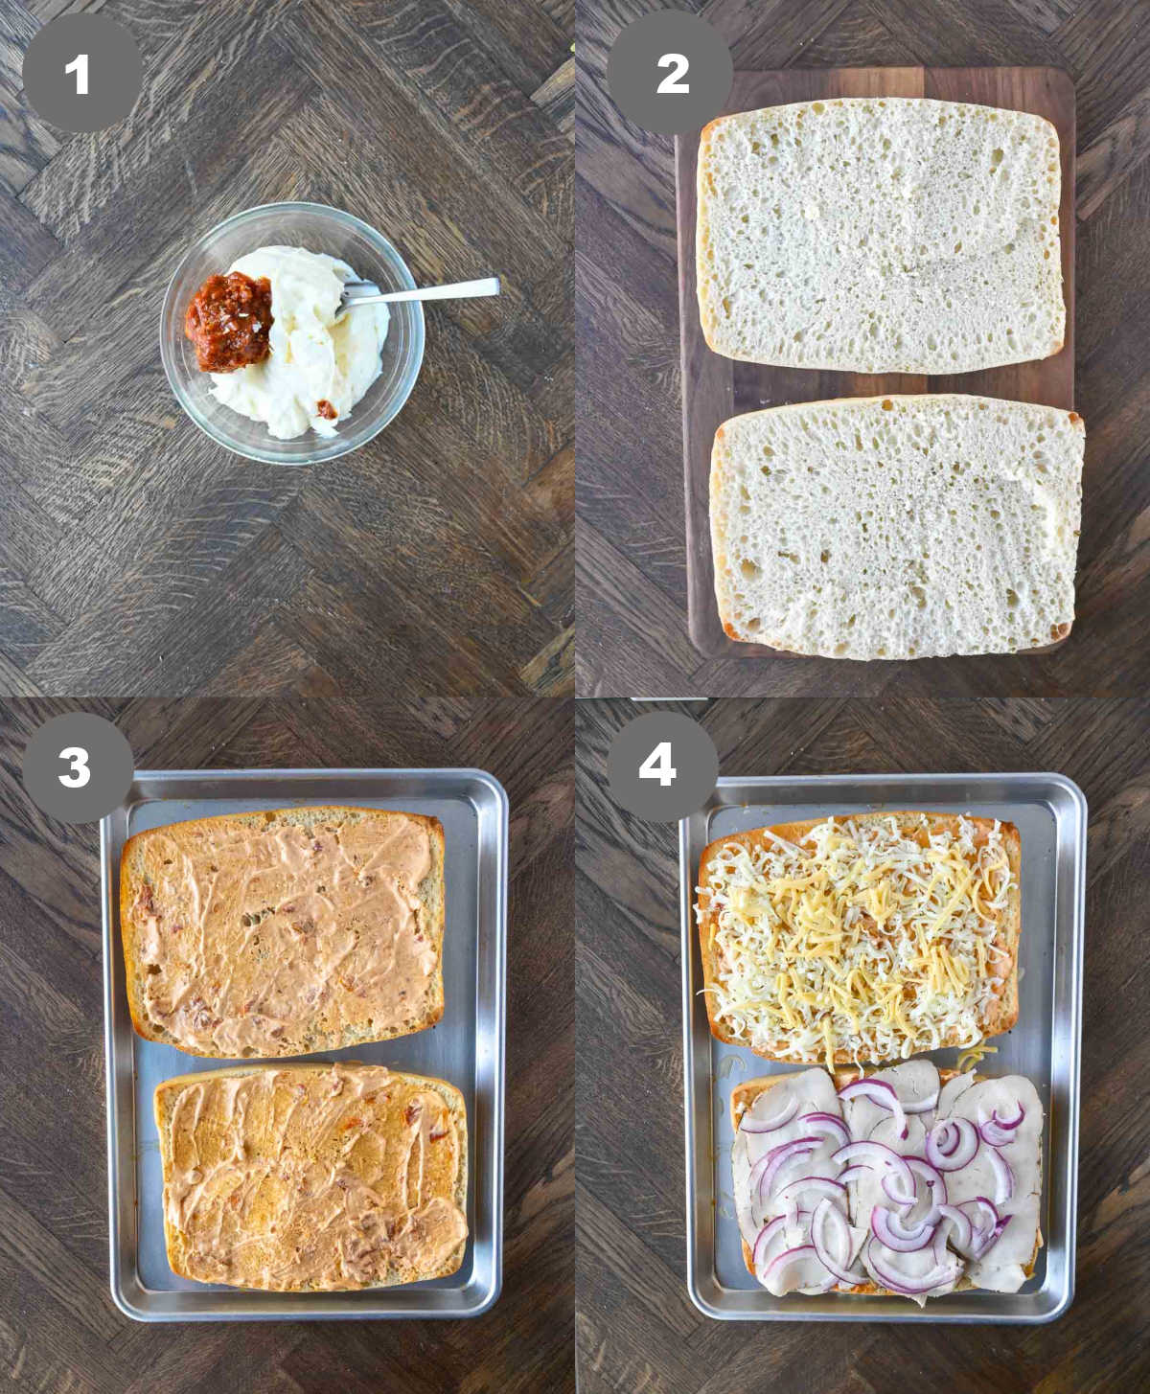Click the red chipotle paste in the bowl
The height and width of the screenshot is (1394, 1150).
229,319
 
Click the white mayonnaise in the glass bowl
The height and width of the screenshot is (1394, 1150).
307,374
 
